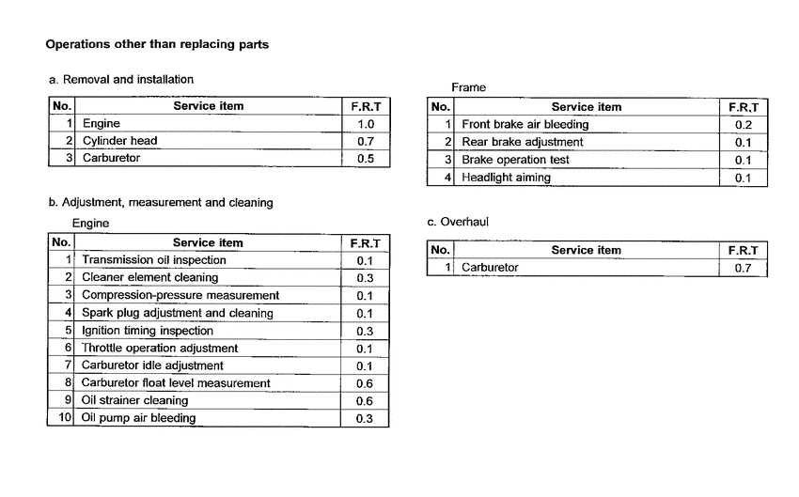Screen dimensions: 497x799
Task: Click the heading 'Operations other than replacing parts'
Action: pos(157,44)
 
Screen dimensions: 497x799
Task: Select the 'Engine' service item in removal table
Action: pos(102,124)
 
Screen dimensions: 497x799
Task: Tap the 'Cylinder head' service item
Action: pos(119,141)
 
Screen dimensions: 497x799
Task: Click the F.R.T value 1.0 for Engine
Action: pos(366,124)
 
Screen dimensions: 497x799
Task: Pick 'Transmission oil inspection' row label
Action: pos(153,260)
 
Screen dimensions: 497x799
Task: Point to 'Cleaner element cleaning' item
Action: pos(149,277)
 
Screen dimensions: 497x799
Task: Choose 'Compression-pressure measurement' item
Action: pos(180,295)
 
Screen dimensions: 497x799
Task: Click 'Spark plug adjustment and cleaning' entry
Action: pos(178,313)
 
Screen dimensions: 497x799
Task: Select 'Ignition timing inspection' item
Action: pos(148,331)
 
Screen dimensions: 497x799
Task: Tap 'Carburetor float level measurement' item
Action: pos(176,383)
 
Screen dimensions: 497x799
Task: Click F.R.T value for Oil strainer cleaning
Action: pos(365,401)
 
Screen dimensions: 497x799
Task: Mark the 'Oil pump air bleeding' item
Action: pos(139,418)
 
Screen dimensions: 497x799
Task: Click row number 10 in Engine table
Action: pos(65,418)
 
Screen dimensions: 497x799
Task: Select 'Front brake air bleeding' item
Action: pos(525,124)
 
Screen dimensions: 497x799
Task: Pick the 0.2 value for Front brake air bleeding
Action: pos(744,125)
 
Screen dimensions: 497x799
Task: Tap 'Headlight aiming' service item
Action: pos(506,178)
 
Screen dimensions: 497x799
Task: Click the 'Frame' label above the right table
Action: pos(468,87)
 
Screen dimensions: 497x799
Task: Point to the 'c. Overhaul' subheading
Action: pos(458,222)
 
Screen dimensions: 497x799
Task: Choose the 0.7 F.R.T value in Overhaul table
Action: pos(744,268)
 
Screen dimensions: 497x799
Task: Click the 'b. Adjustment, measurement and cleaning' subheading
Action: pos(160,202)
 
